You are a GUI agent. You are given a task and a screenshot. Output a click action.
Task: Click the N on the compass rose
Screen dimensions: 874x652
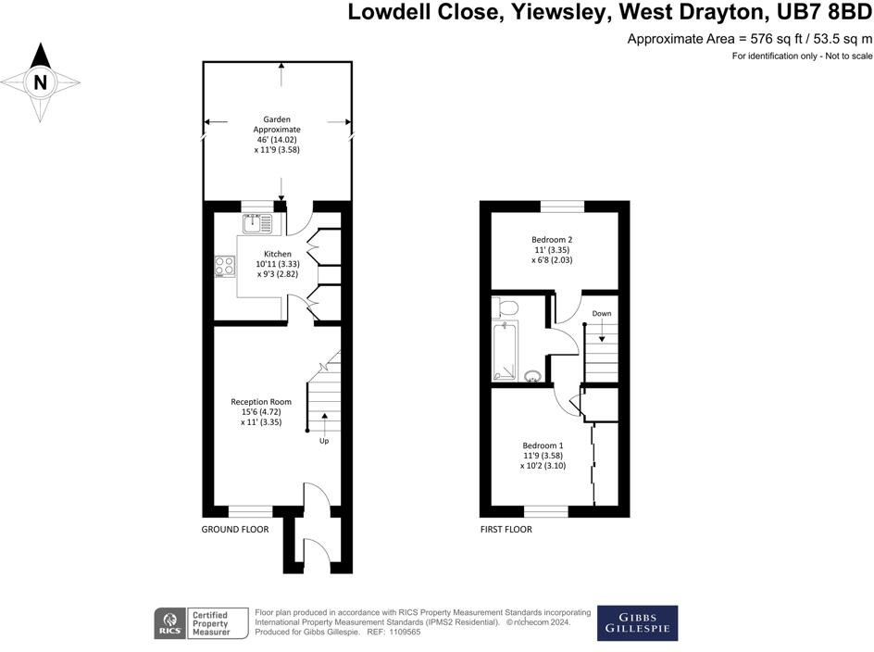(x=40, y=82)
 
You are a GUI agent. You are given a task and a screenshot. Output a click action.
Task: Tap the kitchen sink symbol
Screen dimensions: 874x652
(x=257, y=223)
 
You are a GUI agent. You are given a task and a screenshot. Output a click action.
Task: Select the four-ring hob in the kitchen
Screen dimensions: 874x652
(x=225, y=266)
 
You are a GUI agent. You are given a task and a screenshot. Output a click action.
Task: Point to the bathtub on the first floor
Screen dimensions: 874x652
(x=505, y=351)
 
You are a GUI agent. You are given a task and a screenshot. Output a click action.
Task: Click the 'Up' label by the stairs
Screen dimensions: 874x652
(x=324, y=441)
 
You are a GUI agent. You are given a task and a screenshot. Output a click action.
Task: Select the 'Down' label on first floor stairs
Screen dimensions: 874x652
(x=602, y=313)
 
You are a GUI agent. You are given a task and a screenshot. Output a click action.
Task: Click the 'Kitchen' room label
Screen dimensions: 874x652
(x=277, y=254)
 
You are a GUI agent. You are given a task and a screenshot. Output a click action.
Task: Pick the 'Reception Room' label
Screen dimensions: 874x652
(x=261, y=402)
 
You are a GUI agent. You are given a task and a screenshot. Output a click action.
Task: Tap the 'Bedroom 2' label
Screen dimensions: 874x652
(x=551, y=239)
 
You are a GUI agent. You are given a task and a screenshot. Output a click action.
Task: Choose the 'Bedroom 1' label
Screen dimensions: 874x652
(x=543, y=445)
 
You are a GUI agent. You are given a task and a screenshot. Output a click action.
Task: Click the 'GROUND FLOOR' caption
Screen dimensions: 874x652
(x=234, y=530)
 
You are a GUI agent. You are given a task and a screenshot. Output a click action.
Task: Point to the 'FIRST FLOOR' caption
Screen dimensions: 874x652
(x=506, y=530)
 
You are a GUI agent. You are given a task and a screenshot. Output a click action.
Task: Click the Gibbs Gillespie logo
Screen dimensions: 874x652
(x=638, y=623)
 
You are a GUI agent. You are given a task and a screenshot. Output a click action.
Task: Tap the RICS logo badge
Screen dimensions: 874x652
(x=170, y=623)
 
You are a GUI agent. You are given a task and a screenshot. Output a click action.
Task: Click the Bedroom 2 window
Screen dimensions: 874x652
(x=562, y=207)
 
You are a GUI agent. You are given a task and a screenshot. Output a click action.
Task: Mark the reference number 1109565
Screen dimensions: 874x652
(x=403, y=632)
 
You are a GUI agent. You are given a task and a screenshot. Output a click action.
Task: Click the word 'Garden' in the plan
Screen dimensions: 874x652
(x=277, y=119)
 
